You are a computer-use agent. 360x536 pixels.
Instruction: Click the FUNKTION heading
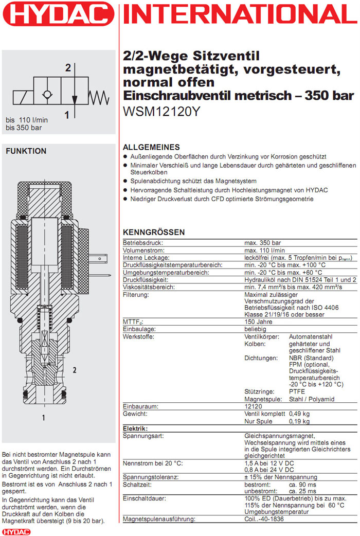[x=26, y=151]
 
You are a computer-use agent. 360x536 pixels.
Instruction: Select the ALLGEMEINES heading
[x=151, y=147]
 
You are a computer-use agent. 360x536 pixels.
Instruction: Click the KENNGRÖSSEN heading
[x=154, y=233]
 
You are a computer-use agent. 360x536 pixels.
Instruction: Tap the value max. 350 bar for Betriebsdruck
[x=262, y=243]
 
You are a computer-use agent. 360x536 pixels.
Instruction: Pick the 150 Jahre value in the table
[x=258, y=322]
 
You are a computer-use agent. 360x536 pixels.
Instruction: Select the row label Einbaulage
[x=139, y=329]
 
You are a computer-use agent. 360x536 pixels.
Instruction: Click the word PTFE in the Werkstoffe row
[x=297, y=391]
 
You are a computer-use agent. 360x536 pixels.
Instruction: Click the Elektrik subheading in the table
[x=135, y=428]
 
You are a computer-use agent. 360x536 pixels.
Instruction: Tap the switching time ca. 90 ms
[x=303, y=485]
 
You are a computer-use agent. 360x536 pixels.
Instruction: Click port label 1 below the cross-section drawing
[x=44, y=417]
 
